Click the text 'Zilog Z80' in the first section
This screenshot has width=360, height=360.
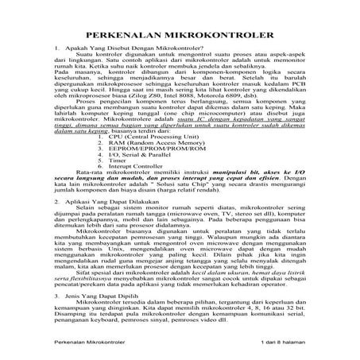[x=153, y=114]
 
